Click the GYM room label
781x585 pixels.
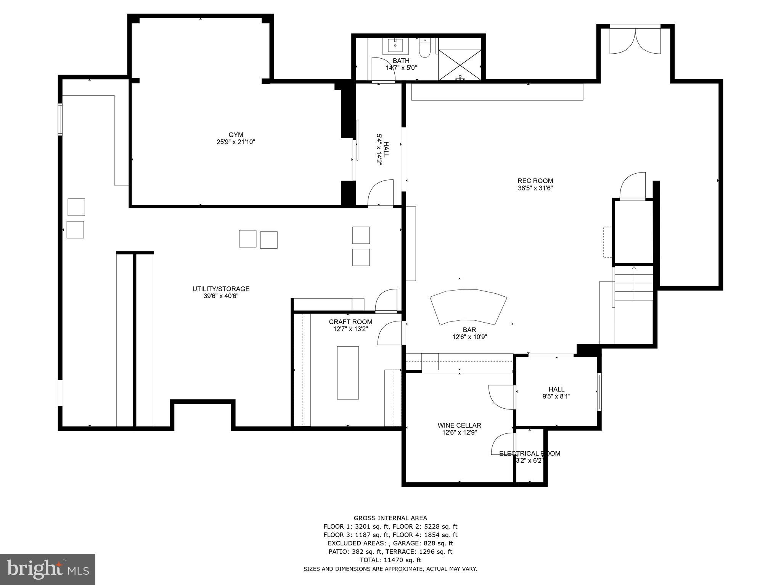(236, 135)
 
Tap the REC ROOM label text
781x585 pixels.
(535, 181)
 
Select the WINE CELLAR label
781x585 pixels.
(459, 425)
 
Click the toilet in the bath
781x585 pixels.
(424, 48)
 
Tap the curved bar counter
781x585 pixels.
(468, 306)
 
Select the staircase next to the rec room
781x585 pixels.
(633, 284)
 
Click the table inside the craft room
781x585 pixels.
(347, 372)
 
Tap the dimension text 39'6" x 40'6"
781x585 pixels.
(221, 296)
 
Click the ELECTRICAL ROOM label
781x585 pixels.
(530, 454)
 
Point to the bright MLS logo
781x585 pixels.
(48, 569)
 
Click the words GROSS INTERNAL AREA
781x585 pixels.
(390, 518)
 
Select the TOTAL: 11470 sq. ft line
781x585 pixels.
(390, 560)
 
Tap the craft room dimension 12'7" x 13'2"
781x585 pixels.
(350, 329)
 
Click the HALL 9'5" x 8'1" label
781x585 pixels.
(556, 393)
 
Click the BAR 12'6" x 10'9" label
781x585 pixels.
(469, 333)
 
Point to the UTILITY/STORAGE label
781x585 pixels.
(221, 289)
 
